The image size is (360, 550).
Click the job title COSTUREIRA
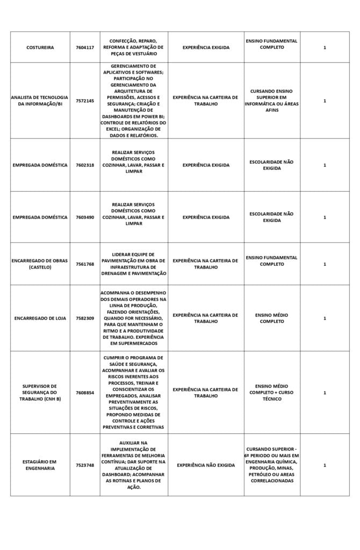click(40, 47)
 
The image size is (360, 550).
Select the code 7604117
click(85, 47)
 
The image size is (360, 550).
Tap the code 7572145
click(85, 100)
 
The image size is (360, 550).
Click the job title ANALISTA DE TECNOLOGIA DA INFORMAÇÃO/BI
click(40, 100)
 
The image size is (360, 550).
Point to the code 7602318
click(85, 165)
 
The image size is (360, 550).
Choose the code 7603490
click(85, 217)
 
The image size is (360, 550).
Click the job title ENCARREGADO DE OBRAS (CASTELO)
click(40, 264)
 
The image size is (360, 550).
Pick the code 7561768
click(85, 264)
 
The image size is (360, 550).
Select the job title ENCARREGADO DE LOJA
click(40, 318)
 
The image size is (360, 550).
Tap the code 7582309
click(85, 318)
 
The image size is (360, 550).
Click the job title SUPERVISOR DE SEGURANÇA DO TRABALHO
click(40, 393)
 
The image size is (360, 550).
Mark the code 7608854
click(85, 393)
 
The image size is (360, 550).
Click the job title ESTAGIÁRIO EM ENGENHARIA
click(40, 465)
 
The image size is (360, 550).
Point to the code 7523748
click(85, 465)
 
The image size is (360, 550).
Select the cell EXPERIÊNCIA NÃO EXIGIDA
click(206, 465)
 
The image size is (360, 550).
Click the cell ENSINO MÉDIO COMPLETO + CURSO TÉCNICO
click(271, 393)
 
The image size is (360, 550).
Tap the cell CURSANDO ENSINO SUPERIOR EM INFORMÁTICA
click(271, 100)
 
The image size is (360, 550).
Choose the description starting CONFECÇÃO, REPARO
click(133, 47)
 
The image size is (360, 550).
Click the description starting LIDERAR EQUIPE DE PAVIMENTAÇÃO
click(133, 264)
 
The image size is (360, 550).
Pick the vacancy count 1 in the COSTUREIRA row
click(325, 47)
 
